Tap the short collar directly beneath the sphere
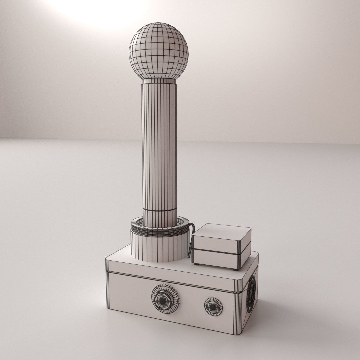coord(159,81)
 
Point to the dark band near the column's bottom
coord(160,210)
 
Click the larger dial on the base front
coord(165,298)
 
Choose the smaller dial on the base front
coord(213,306)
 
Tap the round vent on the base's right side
coord(251,294)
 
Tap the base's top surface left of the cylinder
coord(118,259)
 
